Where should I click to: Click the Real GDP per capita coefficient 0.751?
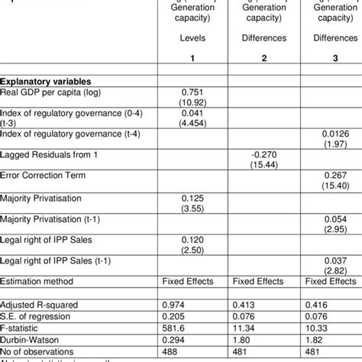click(x=176, y=92)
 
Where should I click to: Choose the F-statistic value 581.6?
click(x=176, y=326)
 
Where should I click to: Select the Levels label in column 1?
click(x=176, y=36)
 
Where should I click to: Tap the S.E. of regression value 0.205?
click(x=176, y=315)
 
